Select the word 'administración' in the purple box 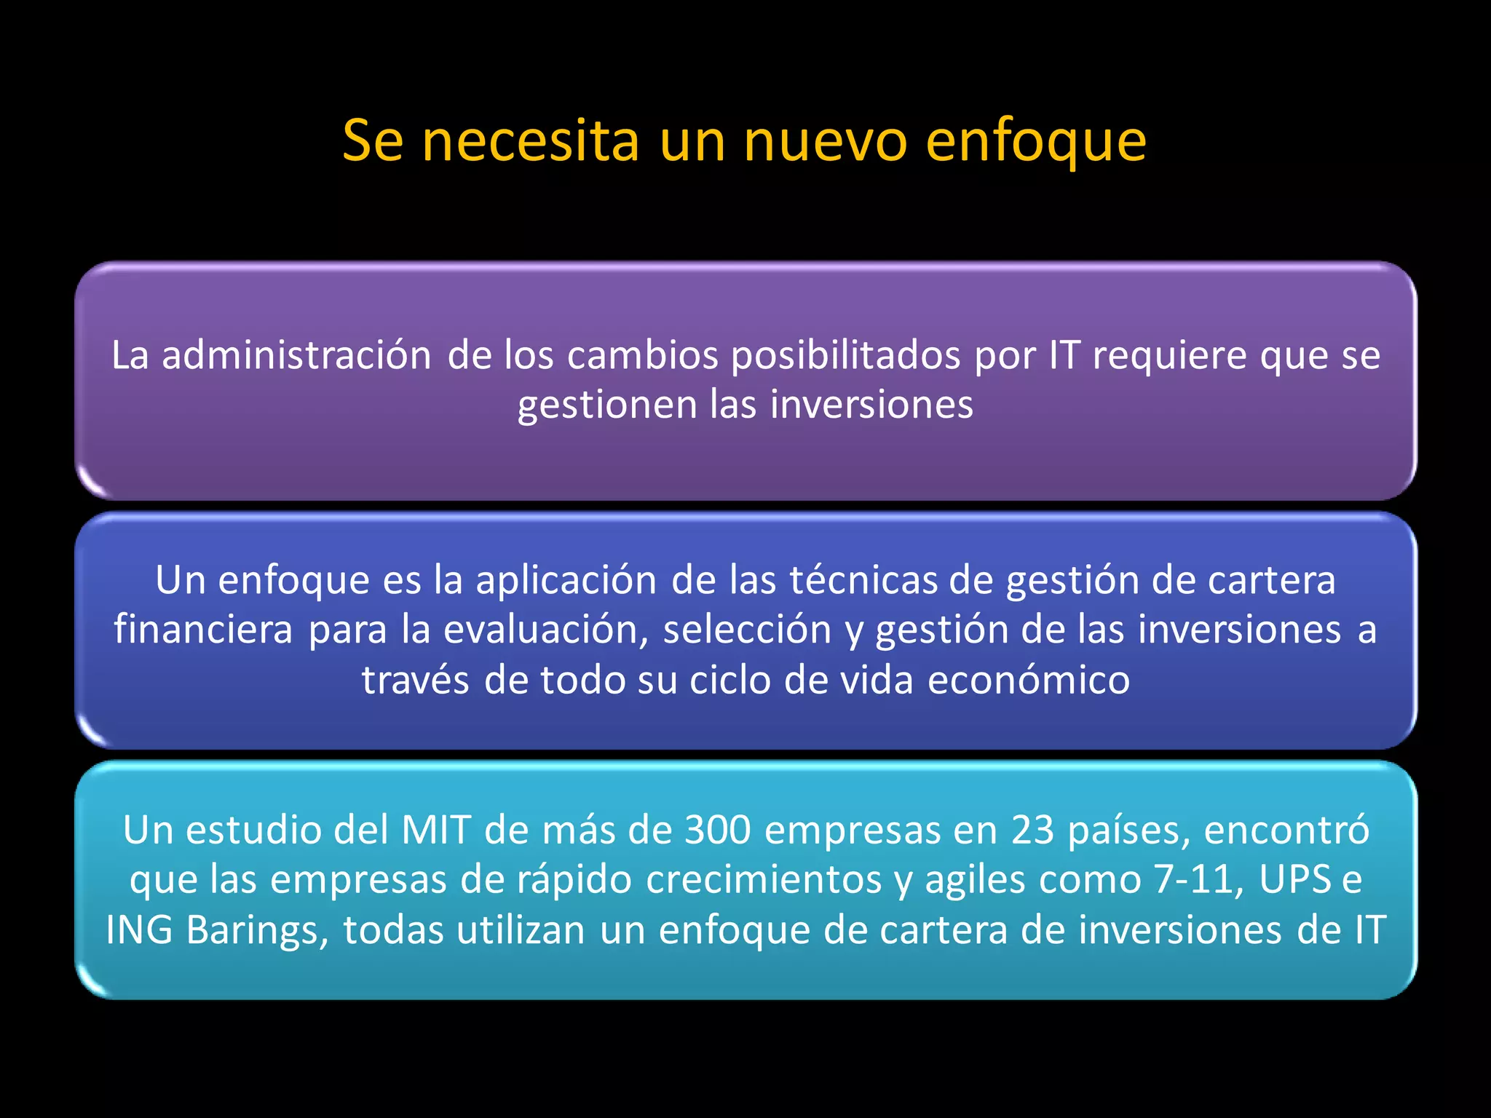pyautogui.click(x=296, y=356)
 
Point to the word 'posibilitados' pyautogui.click(x=845, y=356)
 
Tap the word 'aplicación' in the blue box pyautogui.click(x=566, y=580)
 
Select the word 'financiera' pyautogui.click(x=203, y=630)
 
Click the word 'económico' pyautogui.click(x=1028, y=681)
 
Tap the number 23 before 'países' pyautogui.click(x=1032, y=830)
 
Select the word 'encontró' pyautogui.click(x=1286, y=830)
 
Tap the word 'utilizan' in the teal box pyautogui.click(x=521, y=931)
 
